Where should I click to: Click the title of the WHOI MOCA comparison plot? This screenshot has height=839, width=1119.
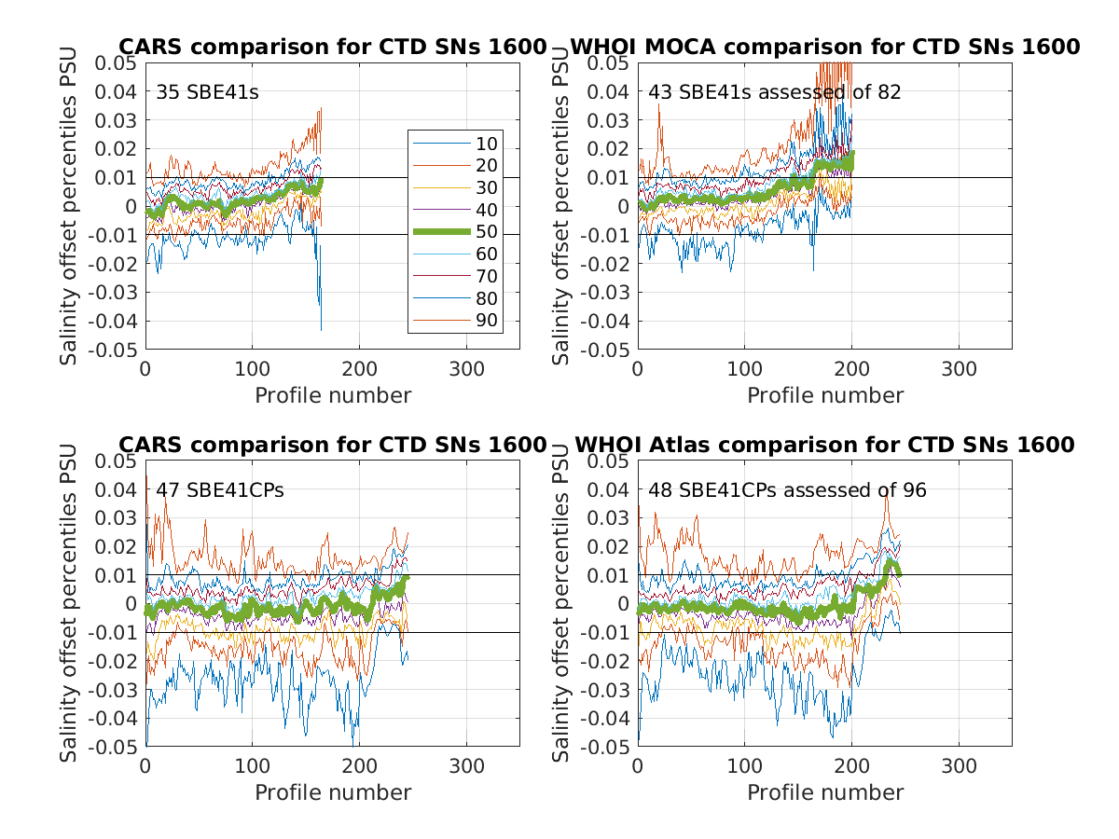point(824,47)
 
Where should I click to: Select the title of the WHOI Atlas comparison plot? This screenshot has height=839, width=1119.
point(824,445)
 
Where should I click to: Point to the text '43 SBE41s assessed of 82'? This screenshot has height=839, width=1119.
point(775,92)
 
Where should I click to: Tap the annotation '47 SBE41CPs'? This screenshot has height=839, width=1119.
point(220,490)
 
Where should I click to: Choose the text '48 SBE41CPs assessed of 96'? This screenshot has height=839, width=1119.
point(788,490)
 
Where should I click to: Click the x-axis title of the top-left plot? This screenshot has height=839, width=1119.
point(333,395)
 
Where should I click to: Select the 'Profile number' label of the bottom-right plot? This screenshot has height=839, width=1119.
point(825,792)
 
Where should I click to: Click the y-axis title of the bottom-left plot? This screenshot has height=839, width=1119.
point(70,604)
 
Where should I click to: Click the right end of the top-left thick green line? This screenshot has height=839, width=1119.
point(321,182)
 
